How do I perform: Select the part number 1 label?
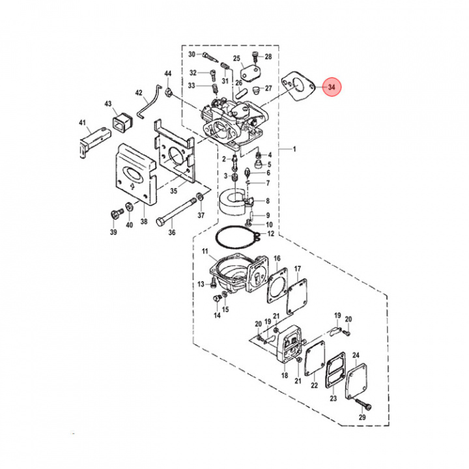tap(294, 149)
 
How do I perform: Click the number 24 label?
tap(356, 355)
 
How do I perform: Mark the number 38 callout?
tap(144, 221)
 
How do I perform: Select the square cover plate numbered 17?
tap(300, 291)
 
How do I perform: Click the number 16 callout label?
tap(277, 259)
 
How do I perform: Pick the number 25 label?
tap(237, 58)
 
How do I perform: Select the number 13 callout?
tap(201, 284)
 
